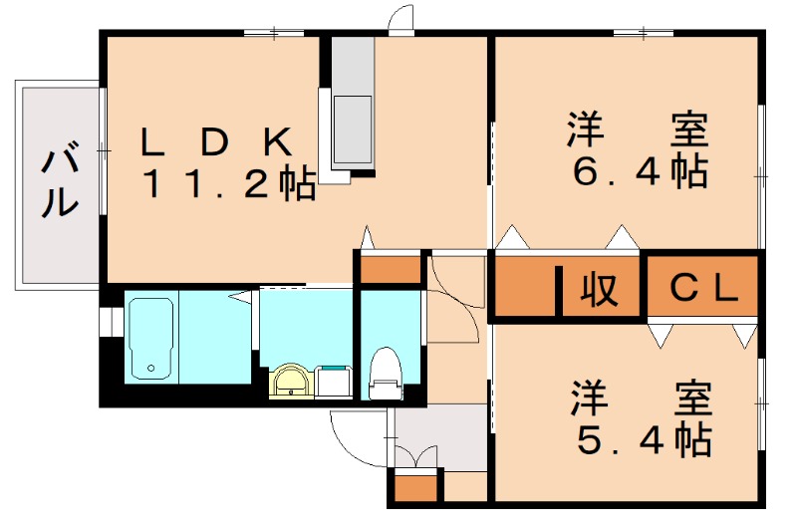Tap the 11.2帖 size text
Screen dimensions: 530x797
[228, 184]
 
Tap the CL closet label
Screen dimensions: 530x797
[702, 288]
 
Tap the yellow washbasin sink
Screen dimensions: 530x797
[290, 381]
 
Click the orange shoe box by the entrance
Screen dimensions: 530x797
[414, 488]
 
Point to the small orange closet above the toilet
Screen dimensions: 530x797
[390, 270]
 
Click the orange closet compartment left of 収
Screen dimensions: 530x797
[524, 289]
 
